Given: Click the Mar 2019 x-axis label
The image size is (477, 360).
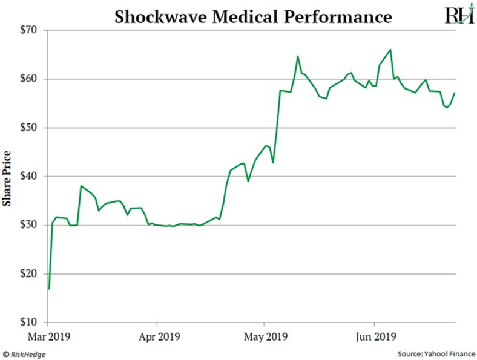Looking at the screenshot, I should (48, 336).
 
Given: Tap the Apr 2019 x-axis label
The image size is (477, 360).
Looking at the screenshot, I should (157, 336).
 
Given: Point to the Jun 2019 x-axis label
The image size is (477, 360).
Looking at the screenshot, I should (374, 336).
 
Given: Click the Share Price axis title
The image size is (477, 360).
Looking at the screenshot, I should (8, 177).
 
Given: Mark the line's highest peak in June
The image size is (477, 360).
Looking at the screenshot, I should (390, 50).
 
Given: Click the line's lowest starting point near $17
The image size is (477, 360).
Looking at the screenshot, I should (49, 289).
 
